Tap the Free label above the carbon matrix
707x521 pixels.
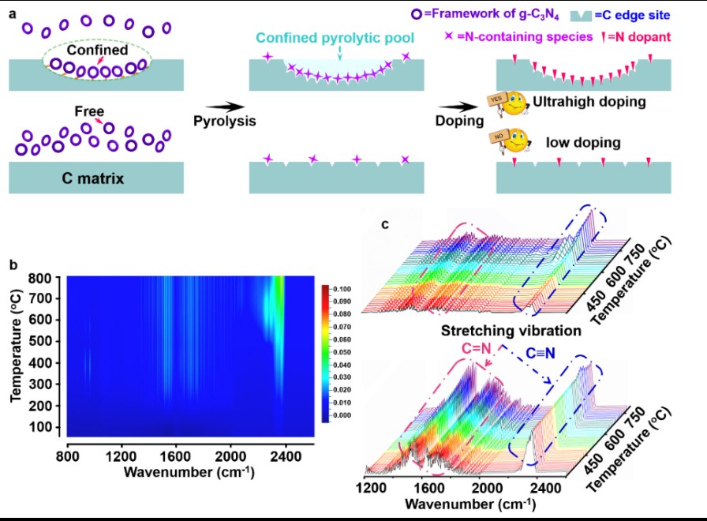[x=89, y=112]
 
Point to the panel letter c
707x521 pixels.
[x=385, y=224]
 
